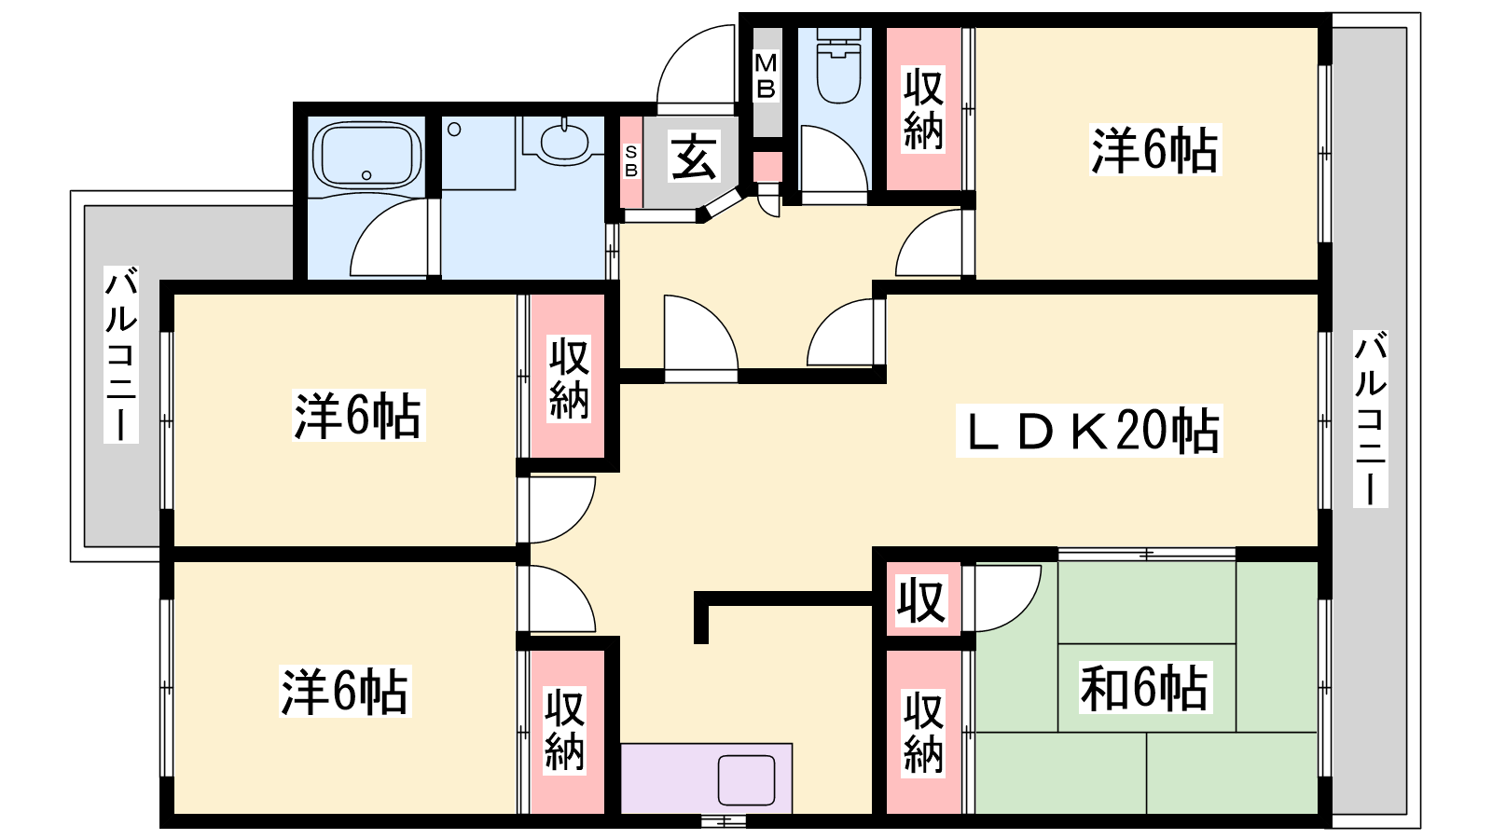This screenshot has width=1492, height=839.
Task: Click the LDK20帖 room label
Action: pos(1089,431)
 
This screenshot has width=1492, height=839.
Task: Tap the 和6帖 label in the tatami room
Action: pos(1144,687)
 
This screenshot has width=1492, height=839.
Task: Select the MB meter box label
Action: pos(766,76)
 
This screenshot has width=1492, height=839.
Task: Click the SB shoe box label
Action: pos(630,162)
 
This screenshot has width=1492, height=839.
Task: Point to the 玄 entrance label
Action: pos(694,158)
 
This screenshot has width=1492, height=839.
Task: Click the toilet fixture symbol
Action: pos(838,65)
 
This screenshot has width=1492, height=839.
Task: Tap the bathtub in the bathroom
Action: pos(366,155)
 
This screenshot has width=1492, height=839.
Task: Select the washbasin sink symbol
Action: pos(564,141)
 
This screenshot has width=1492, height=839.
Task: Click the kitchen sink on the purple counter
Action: pos(747,779)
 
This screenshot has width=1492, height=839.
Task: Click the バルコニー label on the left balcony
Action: pos(121,354)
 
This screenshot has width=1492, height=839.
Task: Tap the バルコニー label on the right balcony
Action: pos(1370,419)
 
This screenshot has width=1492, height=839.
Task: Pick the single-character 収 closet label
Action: pos(921,601)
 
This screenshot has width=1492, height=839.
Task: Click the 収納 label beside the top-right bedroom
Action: pos(923,109)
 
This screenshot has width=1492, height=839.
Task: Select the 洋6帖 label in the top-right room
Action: pos(1155,150)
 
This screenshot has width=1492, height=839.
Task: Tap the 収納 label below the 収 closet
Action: pos(923,733)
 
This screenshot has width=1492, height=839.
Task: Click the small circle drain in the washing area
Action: pos(454,130)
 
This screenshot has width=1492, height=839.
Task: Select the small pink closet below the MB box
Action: pos(768,167)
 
